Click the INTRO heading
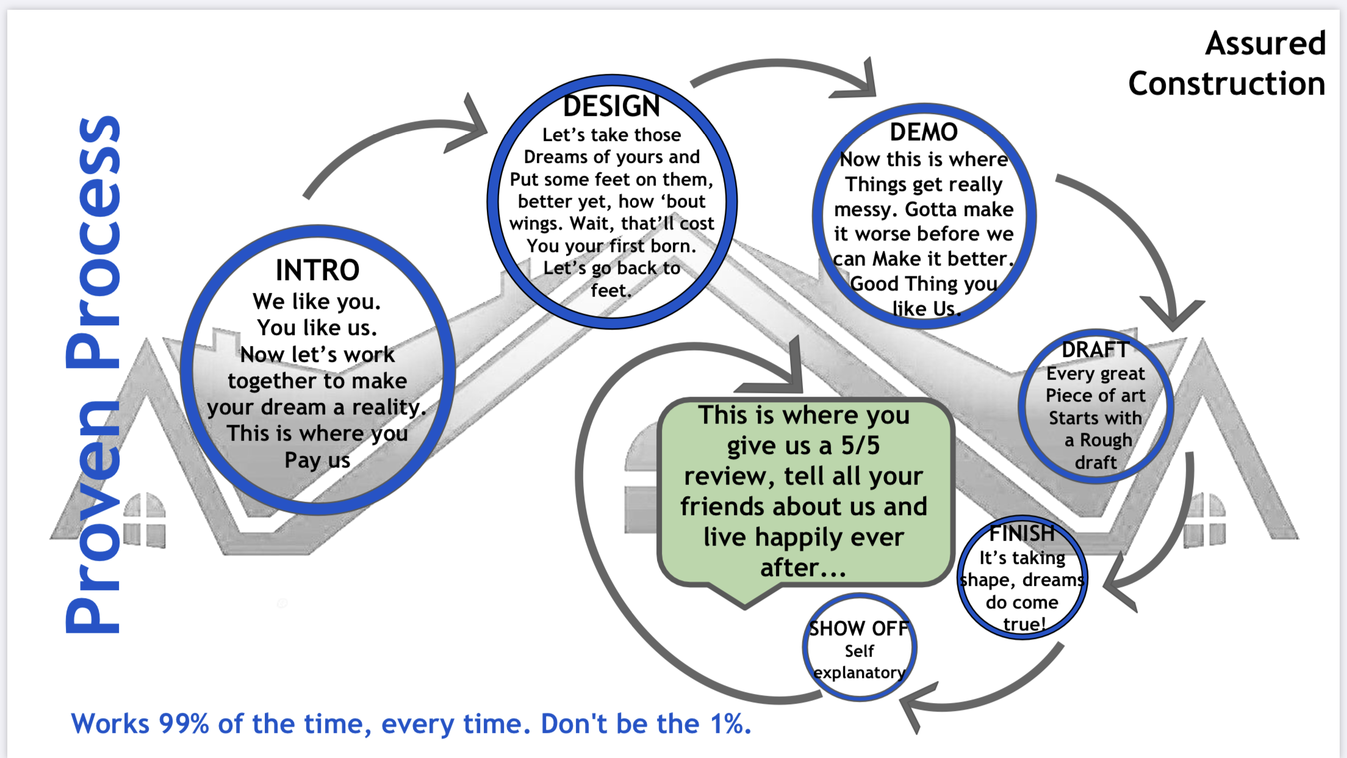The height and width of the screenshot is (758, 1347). tap(317, 270)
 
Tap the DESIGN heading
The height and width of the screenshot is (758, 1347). tap(611, 106)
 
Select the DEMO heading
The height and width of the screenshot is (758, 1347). tap(924, 132)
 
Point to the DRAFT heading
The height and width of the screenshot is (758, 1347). tap(1096, 350)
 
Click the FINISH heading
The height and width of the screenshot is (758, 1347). tap(1022, 533)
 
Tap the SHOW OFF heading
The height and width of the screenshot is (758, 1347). tap(859, 629)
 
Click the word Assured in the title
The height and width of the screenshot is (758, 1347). tap(1265, 44)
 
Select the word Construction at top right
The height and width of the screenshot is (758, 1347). tap(1226, 84)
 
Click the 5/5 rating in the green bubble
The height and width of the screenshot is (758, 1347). tap(860, 446)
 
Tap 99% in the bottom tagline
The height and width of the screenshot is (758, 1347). tap(184, 724)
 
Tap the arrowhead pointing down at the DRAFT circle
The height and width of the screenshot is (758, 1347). tap(1171, 314)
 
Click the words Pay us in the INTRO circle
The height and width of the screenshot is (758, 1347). tap(317, 460)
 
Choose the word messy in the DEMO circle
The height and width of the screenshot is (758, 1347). tap(866, 210)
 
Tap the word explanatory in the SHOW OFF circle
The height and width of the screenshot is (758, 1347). tap(859, 673)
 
